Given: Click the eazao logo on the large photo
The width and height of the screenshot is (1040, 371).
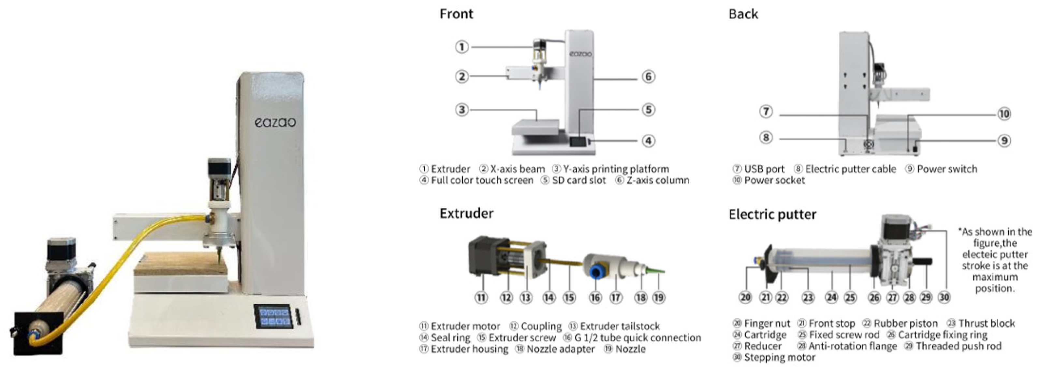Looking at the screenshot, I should coord(275,122).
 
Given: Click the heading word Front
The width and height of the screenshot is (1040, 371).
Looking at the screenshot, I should coord(456,14).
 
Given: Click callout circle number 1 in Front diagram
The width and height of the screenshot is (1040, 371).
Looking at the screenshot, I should coord(462,47).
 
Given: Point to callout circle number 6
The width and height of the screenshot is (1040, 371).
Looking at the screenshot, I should coord(648,76).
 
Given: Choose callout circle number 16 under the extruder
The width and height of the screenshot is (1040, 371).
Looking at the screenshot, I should coord(595,298).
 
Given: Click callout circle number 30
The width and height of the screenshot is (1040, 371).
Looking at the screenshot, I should coord(944,297).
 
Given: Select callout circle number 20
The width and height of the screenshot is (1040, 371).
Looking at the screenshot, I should coord(745,297).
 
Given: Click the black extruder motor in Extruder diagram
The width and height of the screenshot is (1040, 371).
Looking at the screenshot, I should coord(482,256).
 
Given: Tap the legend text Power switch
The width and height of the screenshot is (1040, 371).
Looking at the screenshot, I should coord(947,169).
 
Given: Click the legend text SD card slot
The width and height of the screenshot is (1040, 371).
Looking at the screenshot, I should coord(579,180).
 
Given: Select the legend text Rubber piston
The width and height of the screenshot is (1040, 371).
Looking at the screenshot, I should coord(905,323).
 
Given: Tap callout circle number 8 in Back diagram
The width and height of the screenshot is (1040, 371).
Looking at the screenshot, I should coord(766,138).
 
